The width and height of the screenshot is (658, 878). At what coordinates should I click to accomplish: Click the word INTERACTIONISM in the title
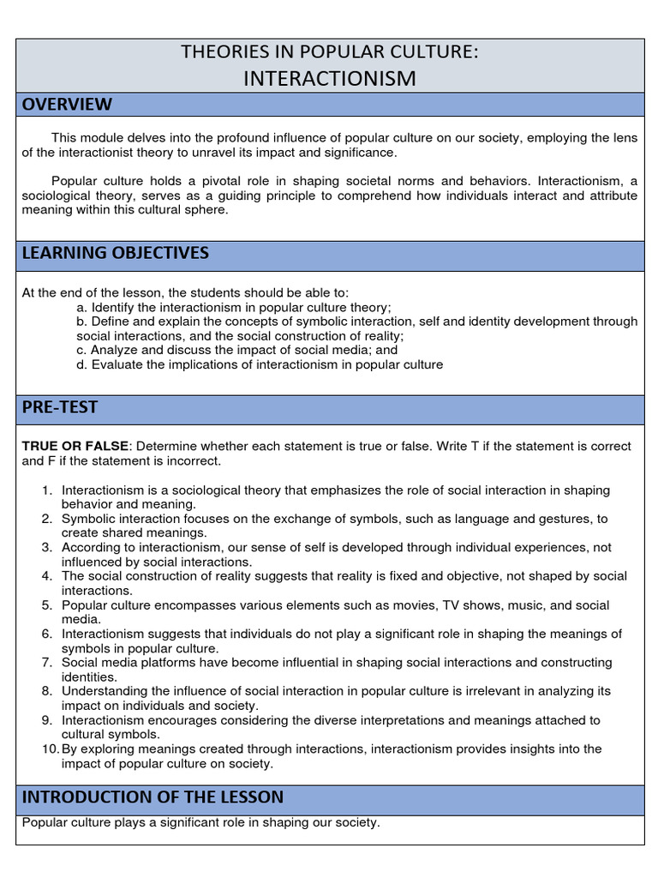330,78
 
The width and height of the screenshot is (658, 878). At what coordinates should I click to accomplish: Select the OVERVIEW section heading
67,105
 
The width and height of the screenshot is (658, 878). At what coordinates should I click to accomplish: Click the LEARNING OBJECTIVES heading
115,253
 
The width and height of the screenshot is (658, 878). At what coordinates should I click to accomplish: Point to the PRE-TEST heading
60,407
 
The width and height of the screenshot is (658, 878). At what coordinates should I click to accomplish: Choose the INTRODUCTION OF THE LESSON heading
153,797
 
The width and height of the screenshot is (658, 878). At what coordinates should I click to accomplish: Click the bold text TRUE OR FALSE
75,446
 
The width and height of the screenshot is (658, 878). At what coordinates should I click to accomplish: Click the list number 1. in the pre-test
48,490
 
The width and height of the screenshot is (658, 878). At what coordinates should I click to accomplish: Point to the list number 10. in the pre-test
51,749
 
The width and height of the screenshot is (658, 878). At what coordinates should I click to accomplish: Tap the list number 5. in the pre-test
48,605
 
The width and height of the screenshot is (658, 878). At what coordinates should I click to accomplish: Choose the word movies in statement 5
413,605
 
